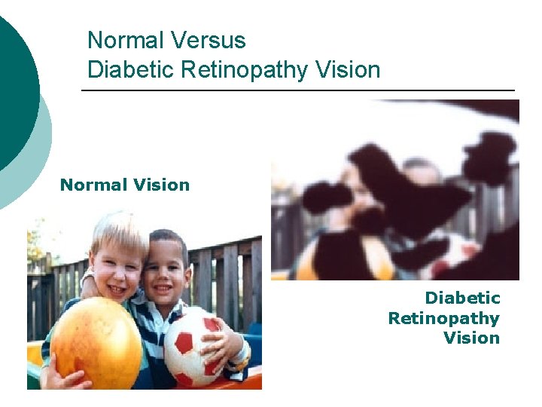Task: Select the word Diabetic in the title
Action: click(x=129, y=70)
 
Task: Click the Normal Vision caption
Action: click(x=125, y=185)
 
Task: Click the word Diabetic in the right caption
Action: click(x=462, y=298)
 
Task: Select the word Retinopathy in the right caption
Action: click(x=443, y=318)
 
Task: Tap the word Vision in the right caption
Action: click(x=471, y=338)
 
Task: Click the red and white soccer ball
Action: click(x=195, y=347)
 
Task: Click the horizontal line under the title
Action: click(x=297, y=90)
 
